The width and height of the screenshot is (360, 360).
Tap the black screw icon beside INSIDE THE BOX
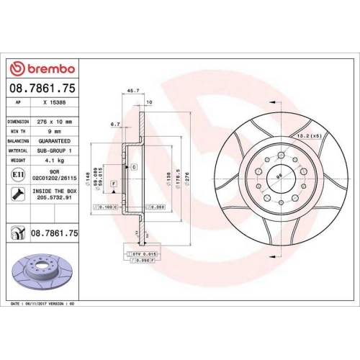coord(16,193)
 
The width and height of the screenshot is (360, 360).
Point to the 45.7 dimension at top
coord(132,91)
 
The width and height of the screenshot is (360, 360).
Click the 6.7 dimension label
coord(115,124)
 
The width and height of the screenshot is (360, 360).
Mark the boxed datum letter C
coord(134,166)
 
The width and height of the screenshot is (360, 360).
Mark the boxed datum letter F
coord(114,184)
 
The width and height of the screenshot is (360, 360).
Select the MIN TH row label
coord(17,132)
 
